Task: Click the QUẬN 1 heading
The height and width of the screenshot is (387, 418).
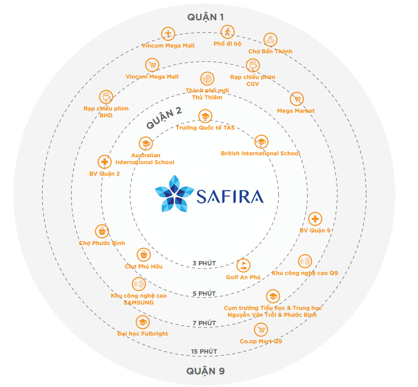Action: (x=205, y=17)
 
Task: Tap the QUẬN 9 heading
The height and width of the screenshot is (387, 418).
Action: (x=205, y=371)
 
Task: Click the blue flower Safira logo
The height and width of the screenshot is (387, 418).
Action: (x=174, y=194)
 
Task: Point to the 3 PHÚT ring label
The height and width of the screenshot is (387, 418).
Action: (x=204, y=263)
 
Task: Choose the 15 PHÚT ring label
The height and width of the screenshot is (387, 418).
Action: (x=204, y=351)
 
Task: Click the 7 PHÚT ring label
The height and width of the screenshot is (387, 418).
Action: (x=204, y=323)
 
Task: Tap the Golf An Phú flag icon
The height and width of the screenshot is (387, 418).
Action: (x=243, y=265)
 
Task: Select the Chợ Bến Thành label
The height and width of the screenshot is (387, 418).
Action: (x=270, y=51)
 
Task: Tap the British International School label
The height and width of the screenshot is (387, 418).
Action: (x=260, y=153)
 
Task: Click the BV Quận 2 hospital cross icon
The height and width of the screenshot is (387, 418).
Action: (x=104, y=162)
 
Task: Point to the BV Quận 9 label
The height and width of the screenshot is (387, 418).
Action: (x=315, y=231)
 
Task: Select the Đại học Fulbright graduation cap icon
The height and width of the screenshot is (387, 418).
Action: (x=143, y=323)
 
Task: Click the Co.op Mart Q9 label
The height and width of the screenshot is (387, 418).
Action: (x=261, y=341)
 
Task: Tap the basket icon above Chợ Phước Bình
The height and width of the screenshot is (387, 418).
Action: (x=102, y=231)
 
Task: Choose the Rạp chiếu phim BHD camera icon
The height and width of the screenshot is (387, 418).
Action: (x=106, y=97)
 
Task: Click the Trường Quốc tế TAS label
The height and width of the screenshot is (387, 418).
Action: (x=205, y=128)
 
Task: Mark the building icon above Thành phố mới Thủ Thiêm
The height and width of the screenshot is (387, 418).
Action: (x=207, y=79)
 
